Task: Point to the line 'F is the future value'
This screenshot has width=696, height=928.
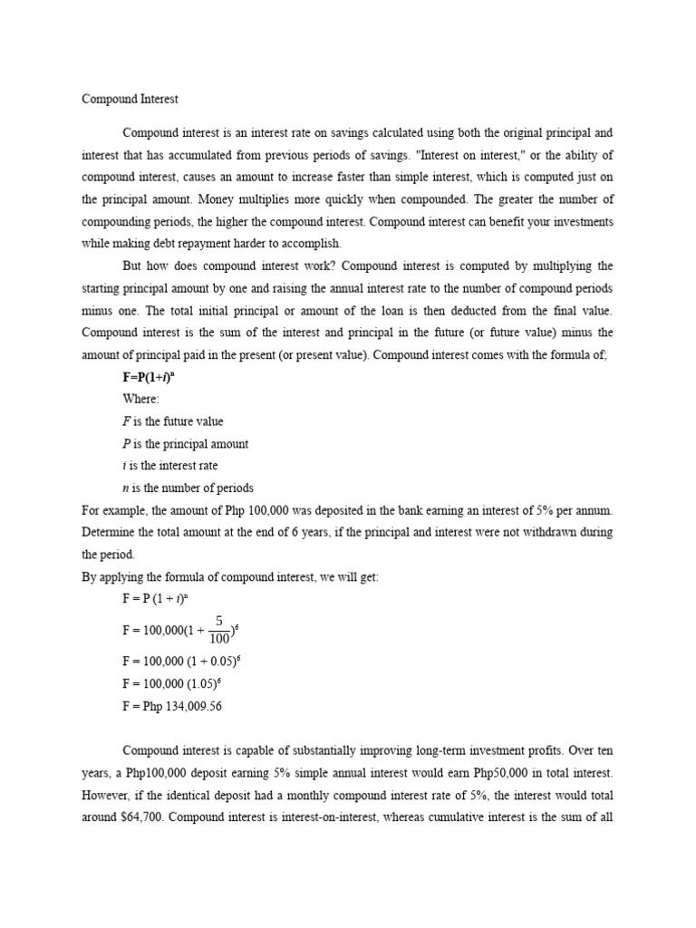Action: click(x=172, y=421)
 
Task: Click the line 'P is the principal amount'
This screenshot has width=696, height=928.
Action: click(x=185, y=444)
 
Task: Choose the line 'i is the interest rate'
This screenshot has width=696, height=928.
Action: click(x=170, y=466)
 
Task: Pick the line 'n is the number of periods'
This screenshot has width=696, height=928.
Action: click(x=188, y=488)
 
